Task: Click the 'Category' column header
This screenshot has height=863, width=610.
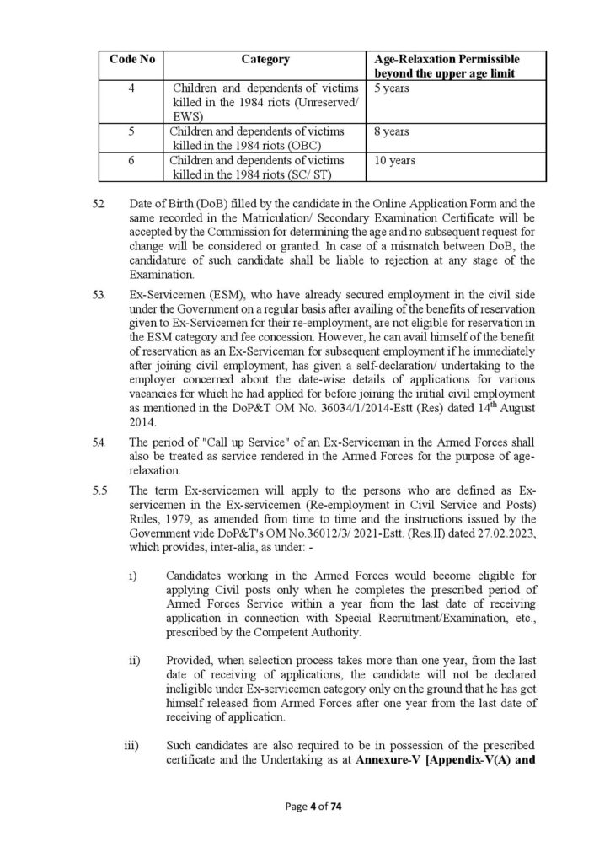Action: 265,60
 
